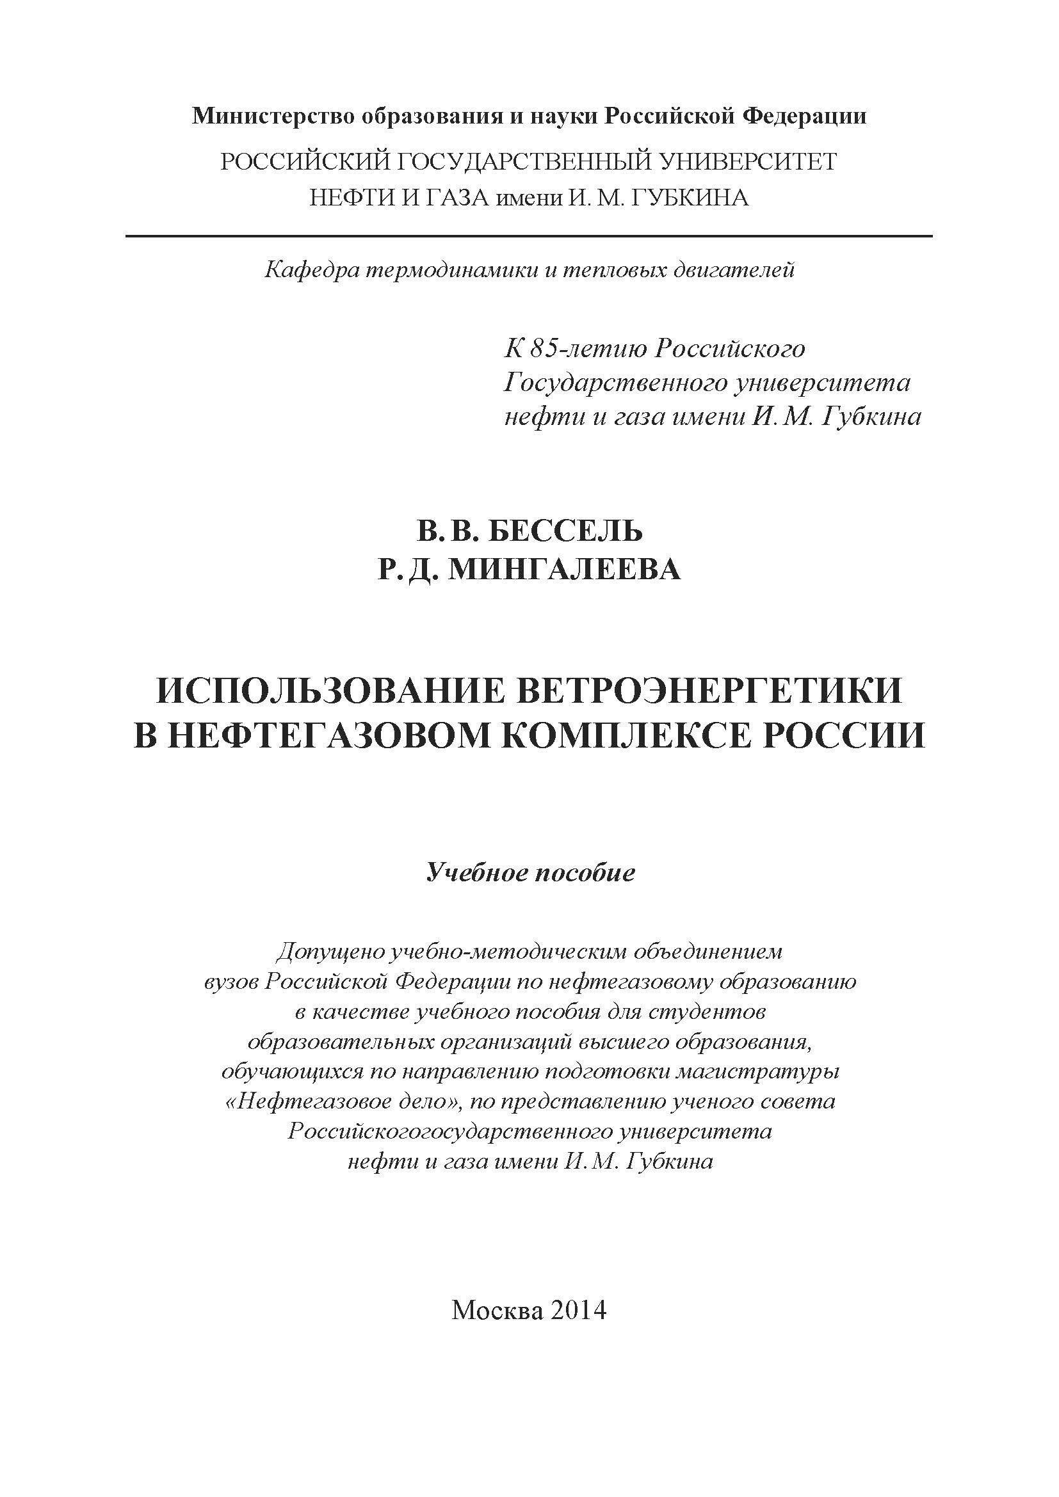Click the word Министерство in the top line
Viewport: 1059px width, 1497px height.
270,116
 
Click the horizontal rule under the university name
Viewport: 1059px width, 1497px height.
529,236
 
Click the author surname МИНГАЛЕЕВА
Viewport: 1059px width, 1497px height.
565,569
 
